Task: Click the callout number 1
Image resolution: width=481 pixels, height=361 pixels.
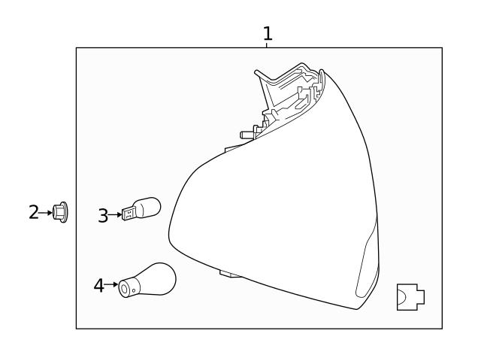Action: click(x=268, y=33)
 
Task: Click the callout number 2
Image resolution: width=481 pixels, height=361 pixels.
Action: click(x=34, y=212)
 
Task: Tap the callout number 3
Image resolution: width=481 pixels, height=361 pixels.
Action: click(x=103, y=216)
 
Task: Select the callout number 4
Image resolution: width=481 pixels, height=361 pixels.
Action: click(x=98, y=286)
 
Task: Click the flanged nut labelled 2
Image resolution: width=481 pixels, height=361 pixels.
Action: click(x=60, y=212)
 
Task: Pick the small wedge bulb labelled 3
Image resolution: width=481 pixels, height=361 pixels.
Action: click(x=141, y=209)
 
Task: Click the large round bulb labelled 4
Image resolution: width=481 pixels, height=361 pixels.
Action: click(x=147, y=280)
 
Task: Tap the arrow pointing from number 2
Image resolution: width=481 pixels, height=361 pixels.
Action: click(x=45, y=212)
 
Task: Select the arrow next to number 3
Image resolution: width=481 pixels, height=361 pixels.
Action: click(x=115, y=215)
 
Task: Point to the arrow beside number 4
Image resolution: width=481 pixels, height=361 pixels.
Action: click(x=111, y=284)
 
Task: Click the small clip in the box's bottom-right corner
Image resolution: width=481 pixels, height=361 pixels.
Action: click(x=411, y=297)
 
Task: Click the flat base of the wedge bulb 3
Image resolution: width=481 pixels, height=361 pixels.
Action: click(x=129, y=213)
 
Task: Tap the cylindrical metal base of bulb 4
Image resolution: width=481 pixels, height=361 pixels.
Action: click(x=129, y=288)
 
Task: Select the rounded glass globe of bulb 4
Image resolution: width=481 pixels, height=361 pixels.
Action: click(x=158, y=278)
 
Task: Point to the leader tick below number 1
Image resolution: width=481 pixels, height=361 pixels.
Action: click(x=267, y=45)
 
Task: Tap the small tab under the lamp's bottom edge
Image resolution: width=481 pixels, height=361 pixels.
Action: click(x=230, y=273)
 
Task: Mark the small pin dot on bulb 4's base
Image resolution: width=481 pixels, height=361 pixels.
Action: click(x=134, y=290)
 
